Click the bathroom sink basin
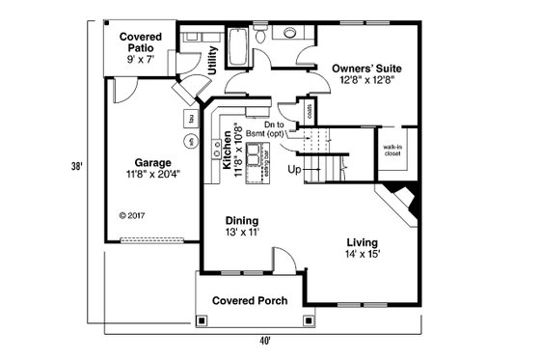pos(289,33)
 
